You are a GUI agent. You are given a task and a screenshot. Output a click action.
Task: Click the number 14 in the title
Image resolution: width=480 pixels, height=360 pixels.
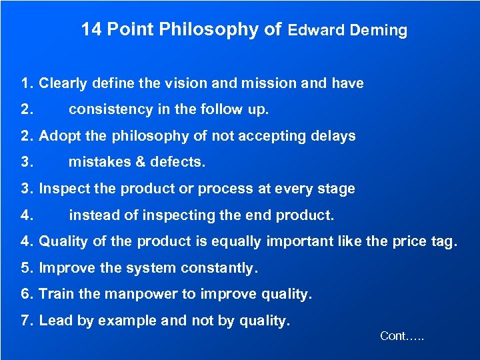(x=91, y=29)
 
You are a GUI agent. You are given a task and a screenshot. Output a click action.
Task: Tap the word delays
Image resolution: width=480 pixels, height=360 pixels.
(x=334, y=136)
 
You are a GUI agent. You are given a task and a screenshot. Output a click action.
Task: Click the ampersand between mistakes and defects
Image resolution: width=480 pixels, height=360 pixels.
(x=139, y=162)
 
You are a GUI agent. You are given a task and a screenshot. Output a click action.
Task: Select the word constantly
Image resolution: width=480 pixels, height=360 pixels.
(x=220, y=268)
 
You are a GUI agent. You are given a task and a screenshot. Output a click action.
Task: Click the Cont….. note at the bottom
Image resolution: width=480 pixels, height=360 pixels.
(x=402, y=336)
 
